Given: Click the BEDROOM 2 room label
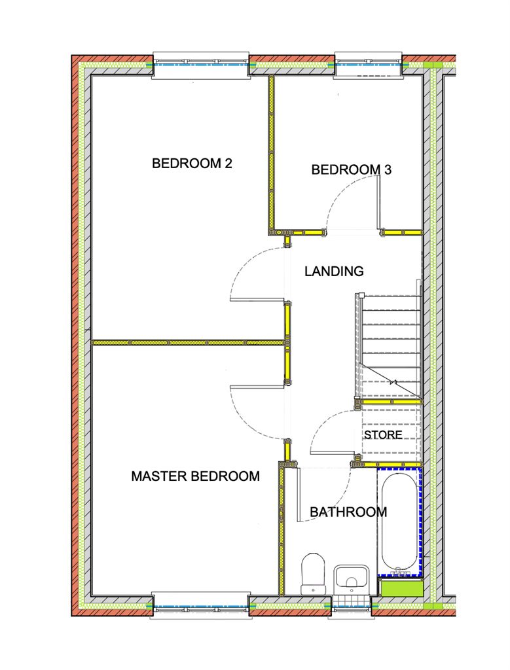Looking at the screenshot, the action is point(192,163).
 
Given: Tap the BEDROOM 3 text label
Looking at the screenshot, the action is point(352,169).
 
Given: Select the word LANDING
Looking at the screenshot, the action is point(334,271).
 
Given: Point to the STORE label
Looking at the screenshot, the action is point(383,434).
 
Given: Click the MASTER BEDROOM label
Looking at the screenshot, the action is point(195,476).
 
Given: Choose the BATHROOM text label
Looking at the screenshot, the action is point(348,512).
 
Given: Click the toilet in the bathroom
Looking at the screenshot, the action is point(314,574).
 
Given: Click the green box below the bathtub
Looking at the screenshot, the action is point(401,588).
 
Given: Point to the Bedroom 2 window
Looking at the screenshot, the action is point(200,65).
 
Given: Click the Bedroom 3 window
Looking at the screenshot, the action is point(368,65).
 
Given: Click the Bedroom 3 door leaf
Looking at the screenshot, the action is point(378,203).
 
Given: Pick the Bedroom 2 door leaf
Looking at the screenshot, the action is point(257,300).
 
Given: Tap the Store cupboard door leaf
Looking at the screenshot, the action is point(333,453).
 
